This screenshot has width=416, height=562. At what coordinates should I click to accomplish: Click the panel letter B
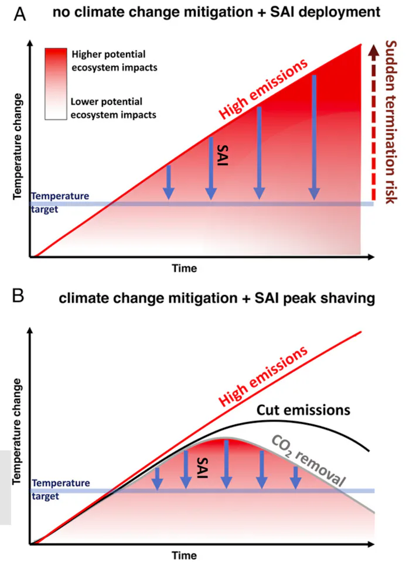[19, 297]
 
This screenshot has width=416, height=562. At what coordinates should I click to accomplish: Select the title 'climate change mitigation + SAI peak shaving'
[216, 298]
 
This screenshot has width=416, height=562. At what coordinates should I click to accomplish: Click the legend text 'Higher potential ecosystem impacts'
[114, 61]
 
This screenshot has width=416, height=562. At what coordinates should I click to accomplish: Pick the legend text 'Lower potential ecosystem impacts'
[113, 108]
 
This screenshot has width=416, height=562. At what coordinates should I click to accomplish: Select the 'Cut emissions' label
[305, 409]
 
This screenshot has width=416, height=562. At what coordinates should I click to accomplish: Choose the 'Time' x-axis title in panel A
[184, 268]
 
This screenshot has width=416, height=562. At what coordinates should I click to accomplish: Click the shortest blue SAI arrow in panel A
[169, 181]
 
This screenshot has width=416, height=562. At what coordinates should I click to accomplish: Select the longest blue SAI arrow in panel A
[315, 138]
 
